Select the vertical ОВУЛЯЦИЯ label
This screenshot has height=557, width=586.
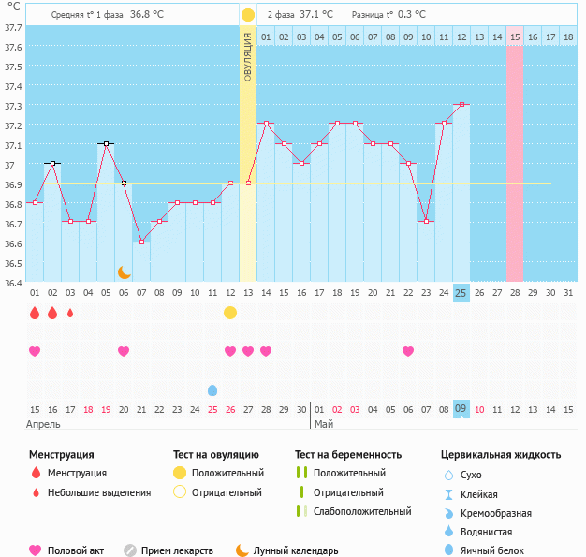click(248, 56)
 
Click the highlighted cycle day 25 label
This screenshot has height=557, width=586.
click(461, 293)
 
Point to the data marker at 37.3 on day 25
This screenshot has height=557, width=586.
click(461, 105)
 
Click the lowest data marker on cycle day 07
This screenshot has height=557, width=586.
click(141, 242)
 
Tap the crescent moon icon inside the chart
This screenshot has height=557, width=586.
click(125, 272)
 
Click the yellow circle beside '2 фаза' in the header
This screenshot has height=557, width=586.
click(248, 15)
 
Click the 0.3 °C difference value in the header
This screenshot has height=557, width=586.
click(407, 15)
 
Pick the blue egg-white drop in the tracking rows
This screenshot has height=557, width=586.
click(212, 389)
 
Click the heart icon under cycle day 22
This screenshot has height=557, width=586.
click(408, 351)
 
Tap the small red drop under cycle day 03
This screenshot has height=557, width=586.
click(70, 313)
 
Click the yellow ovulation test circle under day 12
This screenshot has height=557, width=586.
click(230, 313)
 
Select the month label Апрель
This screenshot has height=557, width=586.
click(44, 424)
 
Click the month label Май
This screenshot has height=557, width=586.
click(324, 424)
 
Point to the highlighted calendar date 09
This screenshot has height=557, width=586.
click(461, 409)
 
